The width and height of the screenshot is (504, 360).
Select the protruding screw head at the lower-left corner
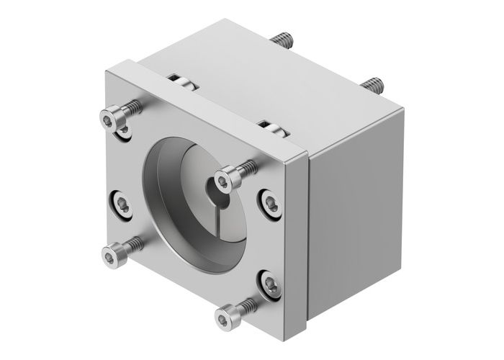[x=113, y=253]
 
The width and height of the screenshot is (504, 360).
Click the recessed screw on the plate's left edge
[x=121, y=205]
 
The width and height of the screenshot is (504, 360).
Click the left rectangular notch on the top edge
[x=183, y=81]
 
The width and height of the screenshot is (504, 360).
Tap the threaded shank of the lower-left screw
[x=134, y=244]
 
